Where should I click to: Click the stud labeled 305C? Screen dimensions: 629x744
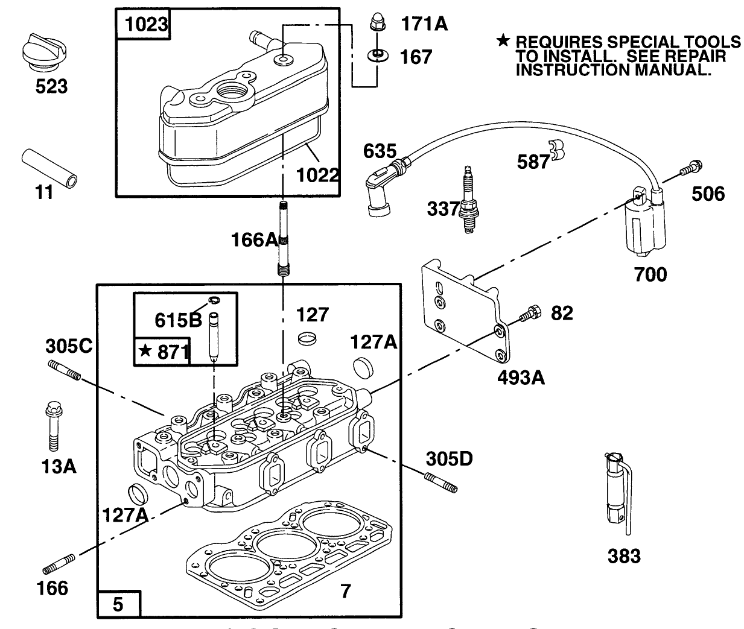point(63,370)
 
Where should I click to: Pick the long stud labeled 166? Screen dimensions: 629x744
point(59,563)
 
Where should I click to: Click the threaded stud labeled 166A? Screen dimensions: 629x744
point(284,239)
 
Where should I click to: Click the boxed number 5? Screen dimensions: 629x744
point(118,604)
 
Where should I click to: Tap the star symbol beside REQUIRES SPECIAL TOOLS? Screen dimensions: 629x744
point(503,41)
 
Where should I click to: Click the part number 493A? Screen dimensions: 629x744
point(521,378)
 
